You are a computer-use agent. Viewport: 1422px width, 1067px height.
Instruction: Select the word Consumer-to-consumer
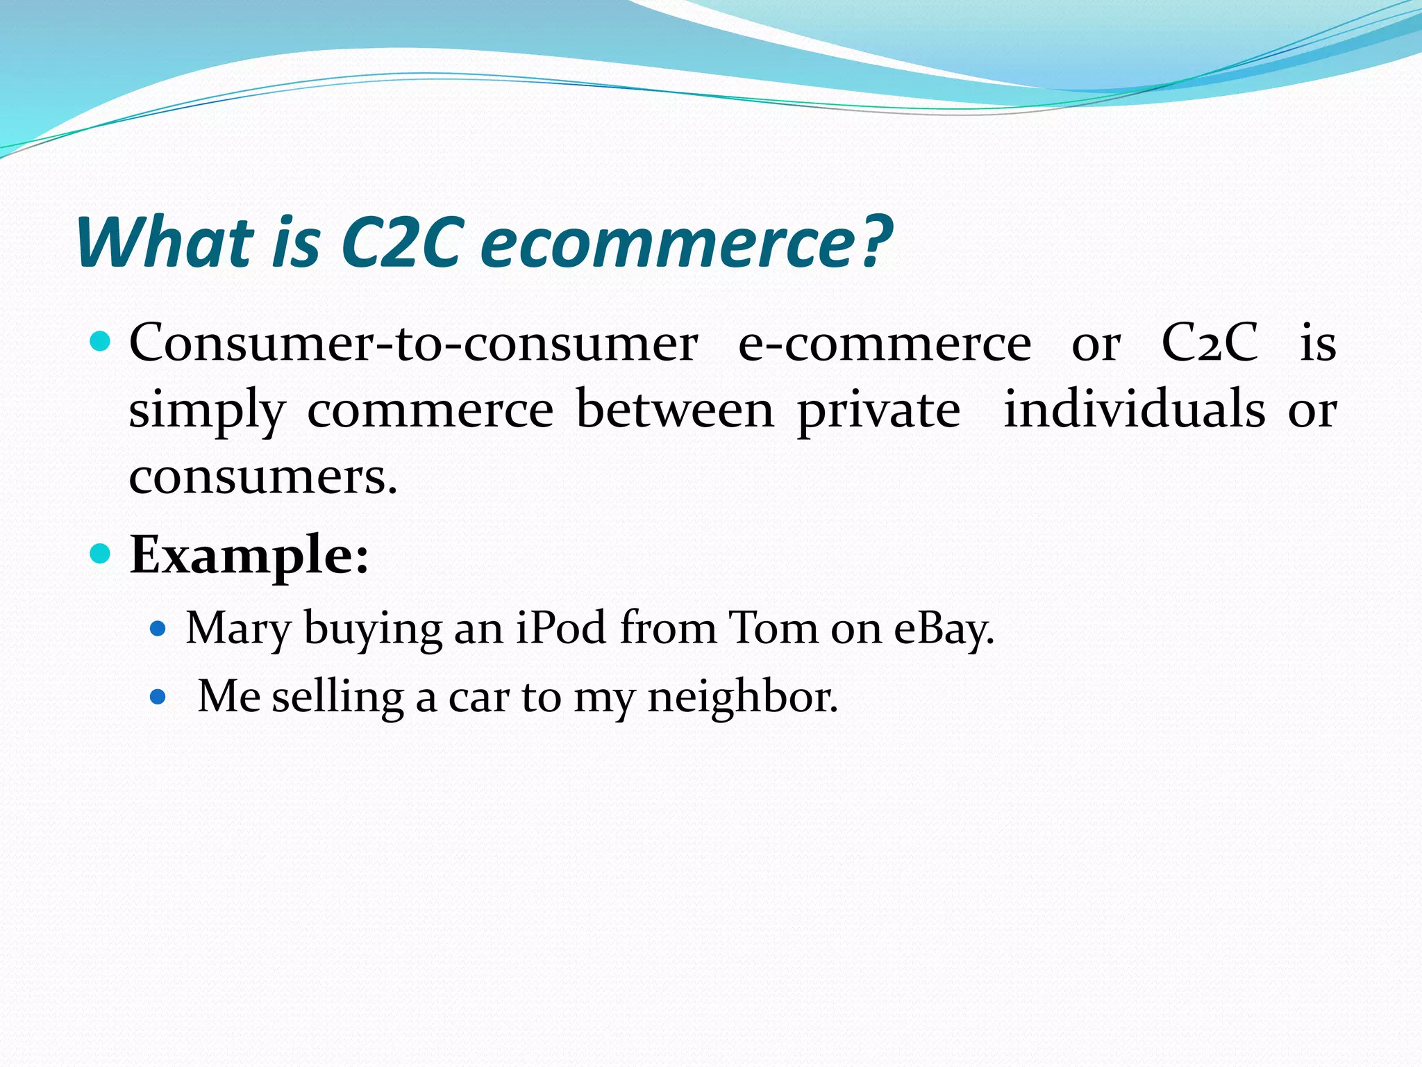tap(413, 343)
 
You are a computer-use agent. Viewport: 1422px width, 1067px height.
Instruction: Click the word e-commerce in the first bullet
tap(885, 343)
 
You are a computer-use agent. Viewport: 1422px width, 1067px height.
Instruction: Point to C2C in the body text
tap(1210, 343)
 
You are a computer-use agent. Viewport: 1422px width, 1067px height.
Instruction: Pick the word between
tap(675, 410)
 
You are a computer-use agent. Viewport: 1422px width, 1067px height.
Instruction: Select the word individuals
tap(1135, 410)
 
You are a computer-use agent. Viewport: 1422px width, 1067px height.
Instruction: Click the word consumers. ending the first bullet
tap(263, 477)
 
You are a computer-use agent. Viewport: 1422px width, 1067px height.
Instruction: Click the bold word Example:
tap(249, 556)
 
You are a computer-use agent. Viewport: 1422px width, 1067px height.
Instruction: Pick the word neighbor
tap(742, 697)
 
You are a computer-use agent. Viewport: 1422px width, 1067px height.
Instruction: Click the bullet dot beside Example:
tap(101, 554)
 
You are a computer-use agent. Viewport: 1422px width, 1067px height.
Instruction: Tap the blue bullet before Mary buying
tap(158, 629)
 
